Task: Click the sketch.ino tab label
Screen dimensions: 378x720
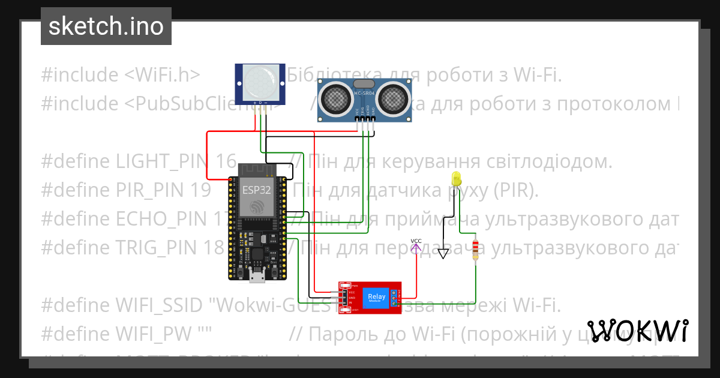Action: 106,26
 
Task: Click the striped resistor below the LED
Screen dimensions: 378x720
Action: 476,250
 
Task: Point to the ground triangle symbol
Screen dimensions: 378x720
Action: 443,253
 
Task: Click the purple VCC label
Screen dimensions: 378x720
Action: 416,241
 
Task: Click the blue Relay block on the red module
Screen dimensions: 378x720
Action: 376,297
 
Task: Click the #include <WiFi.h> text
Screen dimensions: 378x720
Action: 120,75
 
